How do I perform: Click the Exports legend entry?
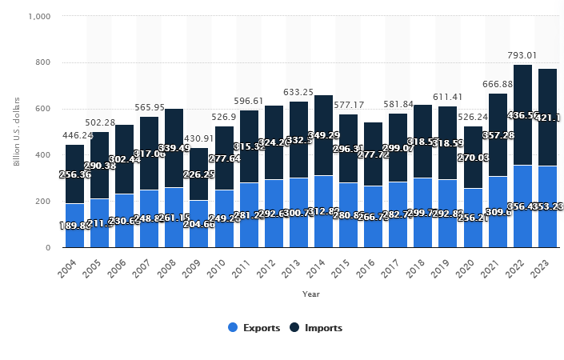tap(255, 327)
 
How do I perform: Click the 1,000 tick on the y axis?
tap(40, 16)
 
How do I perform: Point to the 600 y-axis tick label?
tap(43, 109)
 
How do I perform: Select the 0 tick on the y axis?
tap(48, 248)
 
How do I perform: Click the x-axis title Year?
tap(311, 294)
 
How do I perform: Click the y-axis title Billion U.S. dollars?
tap(17, 132)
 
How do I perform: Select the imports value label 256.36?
tap(75, 174)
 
